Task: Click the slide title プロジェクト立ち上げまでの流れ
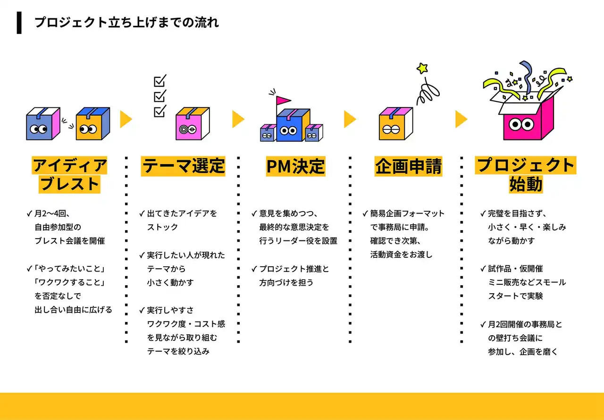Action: tap(126, 23)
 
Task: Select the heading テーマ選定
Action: tap(183, 166)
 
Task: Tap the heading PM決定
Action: tap(295, 166)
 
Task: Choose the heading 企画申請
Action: tap(408, 166)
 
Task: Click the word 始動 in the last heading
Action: tap(525, 184)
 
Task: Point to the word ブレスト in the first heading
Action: tap(70, 184)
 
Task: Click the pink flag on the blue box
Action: tap(284, 100)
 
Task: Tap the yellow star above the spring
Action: tap(422, 68)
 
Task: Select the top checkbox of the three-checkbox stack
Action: tap(160, 81)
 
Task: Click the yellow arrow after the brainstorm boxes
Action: tap(126, 119)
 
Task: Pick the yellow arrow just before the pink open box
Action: tap(461, 119)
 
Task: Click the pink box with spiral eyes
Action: tap(192, 124)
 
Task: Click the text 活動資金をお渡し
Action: tap(401, 255)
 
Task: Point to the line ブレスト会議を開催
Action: tap(69, 240)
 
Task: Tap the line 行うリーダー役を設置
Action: tap(298, 240)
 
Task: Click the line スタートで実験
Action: tap(515, 296)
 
